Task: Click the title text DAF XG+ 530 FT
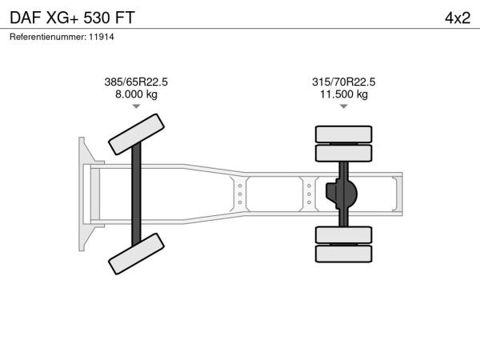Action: [x=72, y=18]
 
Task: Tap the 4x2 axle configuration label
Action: [x=458, y=18]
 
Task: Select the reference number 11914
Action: [x=102, y=37]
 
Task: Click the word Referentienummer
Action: [x=48, y=37]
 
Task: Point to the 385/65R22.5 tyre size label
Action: [x=136, y=82]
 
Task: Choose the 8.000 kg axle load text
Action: [x=136, y=94]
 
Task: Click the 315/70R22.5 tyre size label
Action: [x=343, y=82]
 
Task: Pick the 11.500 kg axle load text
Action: [x=344, y=94]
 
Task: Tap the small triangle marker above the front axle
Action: [x=136, y=106]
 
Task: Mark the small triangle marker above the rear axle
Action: [x=344, y=106]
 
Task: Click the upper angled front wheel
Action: [x=136, y=134]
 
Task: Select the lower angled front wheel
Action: [x=136, y=254]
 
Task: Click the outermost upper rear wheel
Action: [x=343, y=134]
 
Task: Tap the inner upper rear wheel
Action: [x=343, y=153]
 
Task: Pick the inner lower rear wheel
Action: [x=343, y=235]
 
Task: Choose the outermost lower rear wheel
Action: [x=343, y=254]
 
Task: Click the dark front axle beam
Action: [x=136, y=194]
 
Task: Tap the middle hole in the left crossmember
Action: [x=240, y=194]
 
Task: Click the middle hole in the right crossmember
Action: [x=309, y=194]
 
